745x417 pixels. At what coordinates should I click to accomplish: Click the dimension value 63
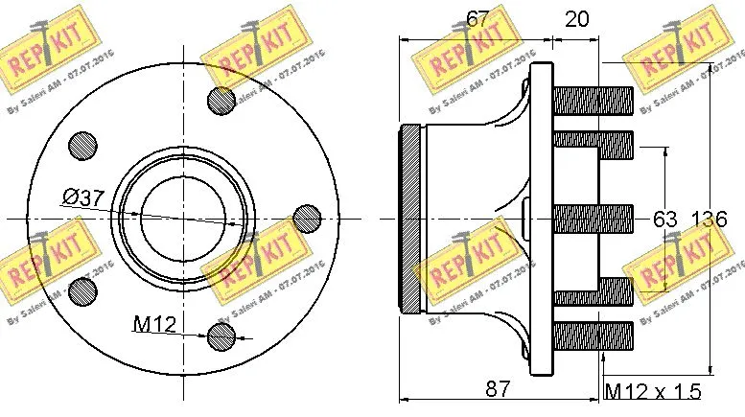(x=665, y=220)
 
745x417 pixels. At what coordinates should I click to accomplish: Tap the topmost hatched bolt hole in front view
(x=221, y=100)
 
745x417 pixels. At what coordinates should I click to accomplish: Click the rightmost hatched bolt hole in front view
(x=307, y=218)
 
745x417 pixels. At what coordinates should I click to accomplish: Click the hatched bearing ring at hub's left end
(x=409, y=220)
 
